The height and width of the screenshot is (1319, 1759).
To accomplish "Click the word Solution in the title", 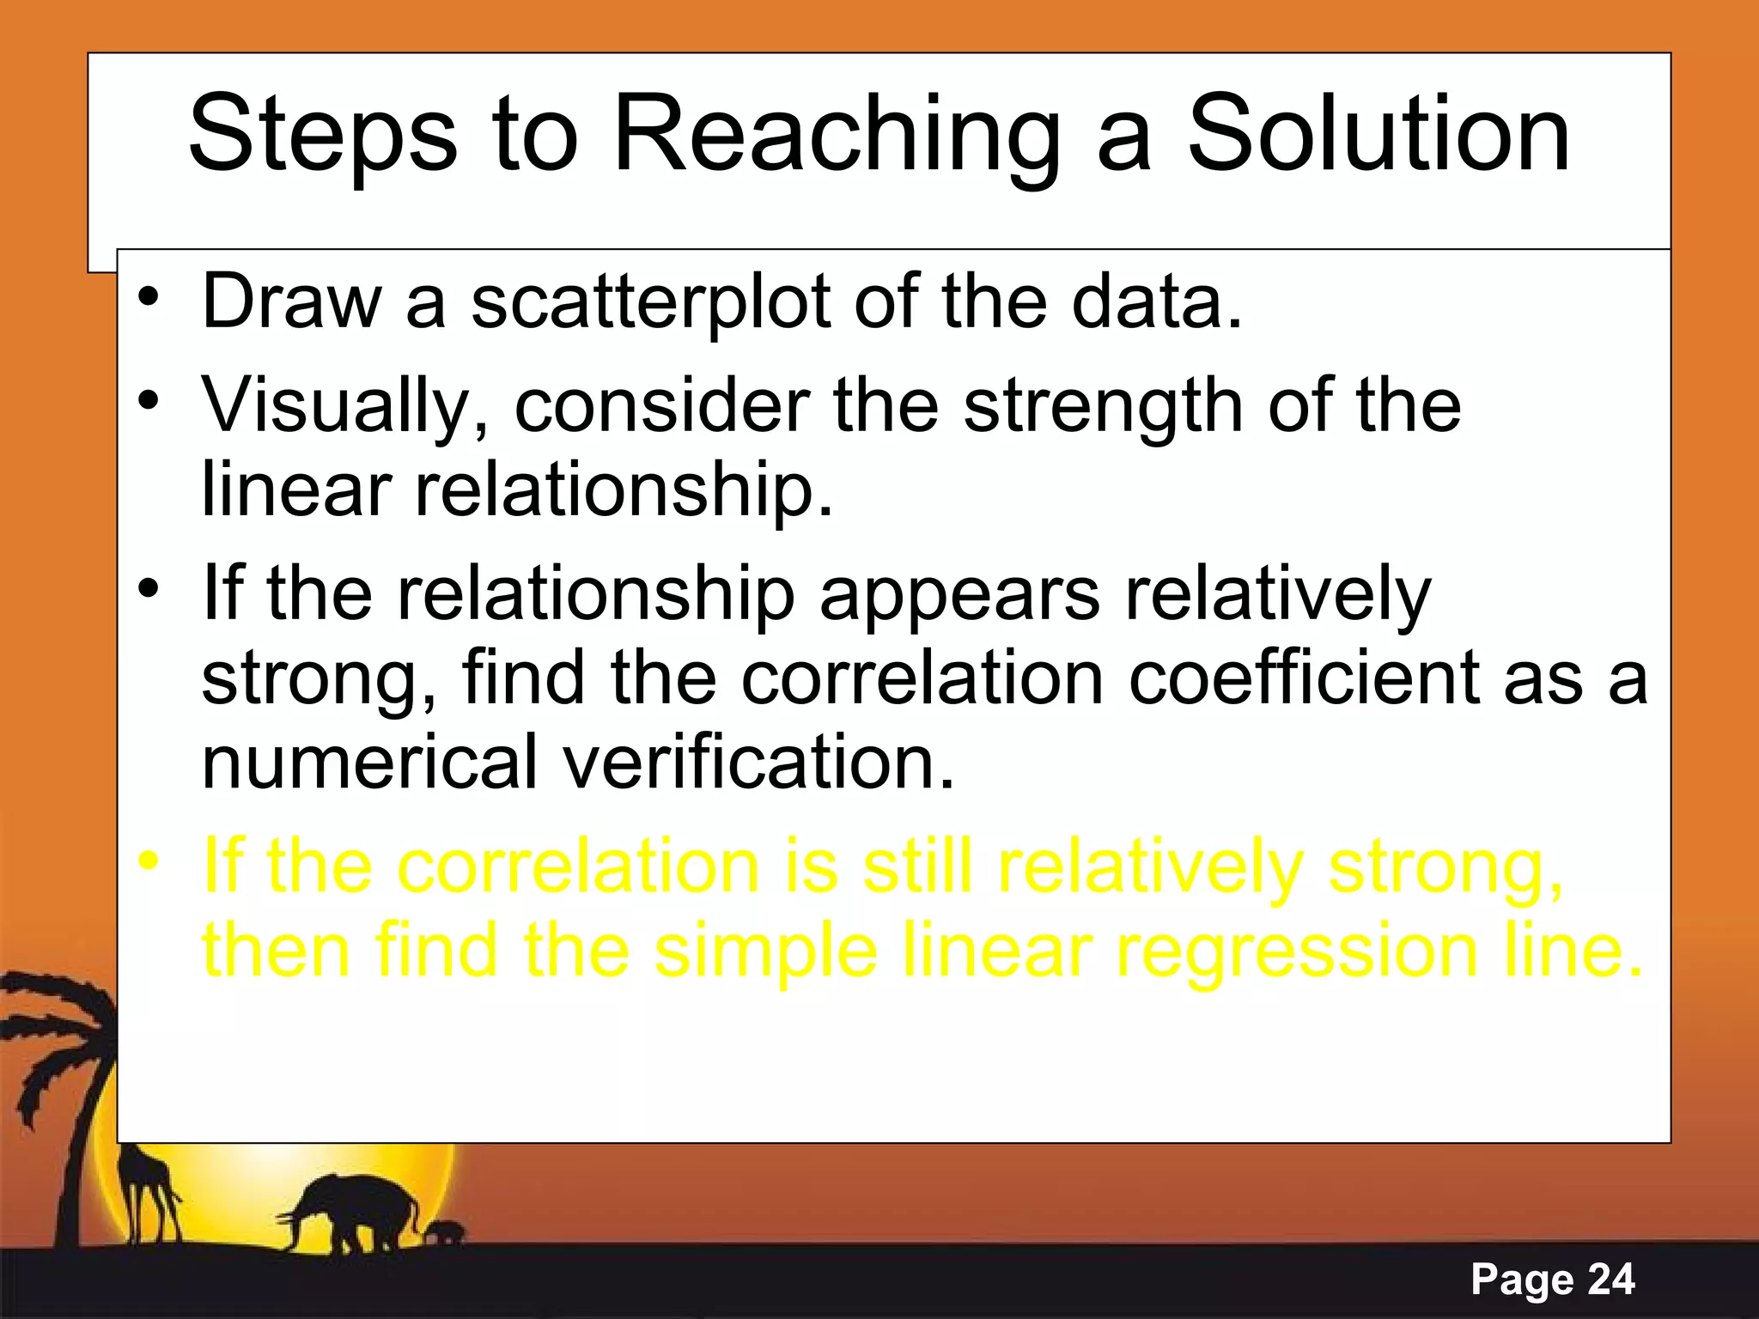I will (1378, 134).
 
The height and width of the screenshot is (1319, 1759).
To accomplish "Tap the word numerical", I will (369, 762).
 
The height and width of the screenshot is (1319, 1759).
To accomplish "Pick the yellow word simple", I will (765, 951).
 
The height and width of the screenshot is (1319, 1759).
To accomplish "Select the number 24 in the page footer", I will (1611, 1279).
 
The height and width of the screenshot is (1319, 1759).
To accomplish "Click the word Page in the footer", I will (1522, 1279).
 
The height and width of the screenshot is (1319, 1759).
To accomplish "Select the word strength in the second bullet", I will (1102, 406).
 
